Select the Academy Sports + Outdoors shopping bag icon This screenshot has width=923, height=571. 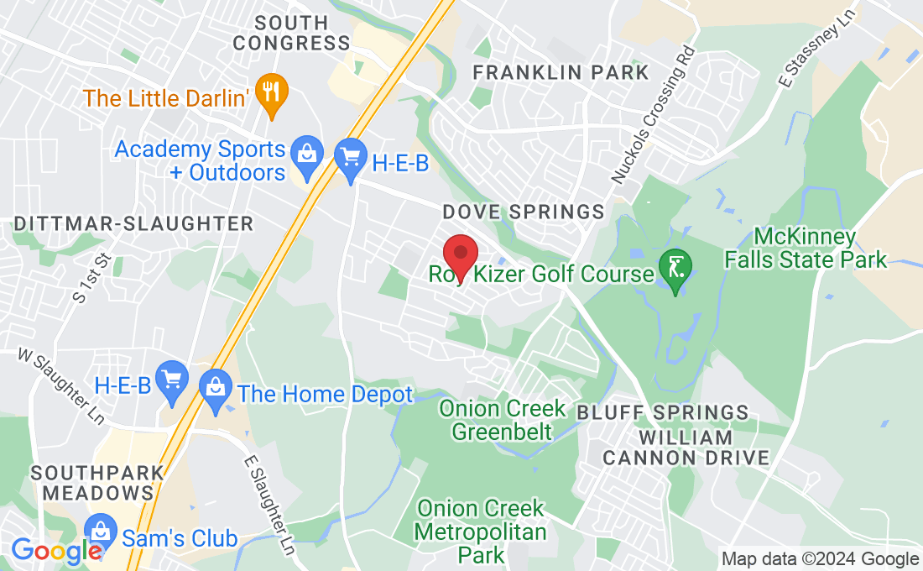[x=306, y=156]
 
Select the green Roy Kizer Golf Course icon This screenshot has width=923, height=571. [x=675, y=269]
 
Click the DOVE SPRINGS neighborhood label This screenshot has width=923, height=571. [x=524, y=212]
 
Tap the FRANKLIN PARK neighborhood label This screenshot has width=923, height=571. [x=561, y=72]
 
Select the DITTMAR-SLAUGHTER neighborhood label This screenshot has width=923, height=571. [x=133, y=223]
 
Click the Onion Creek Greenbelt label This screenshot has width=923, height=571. [x=502, y=421]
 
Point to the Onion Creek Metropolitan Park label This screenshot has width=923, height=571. [x=481, y=532]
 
